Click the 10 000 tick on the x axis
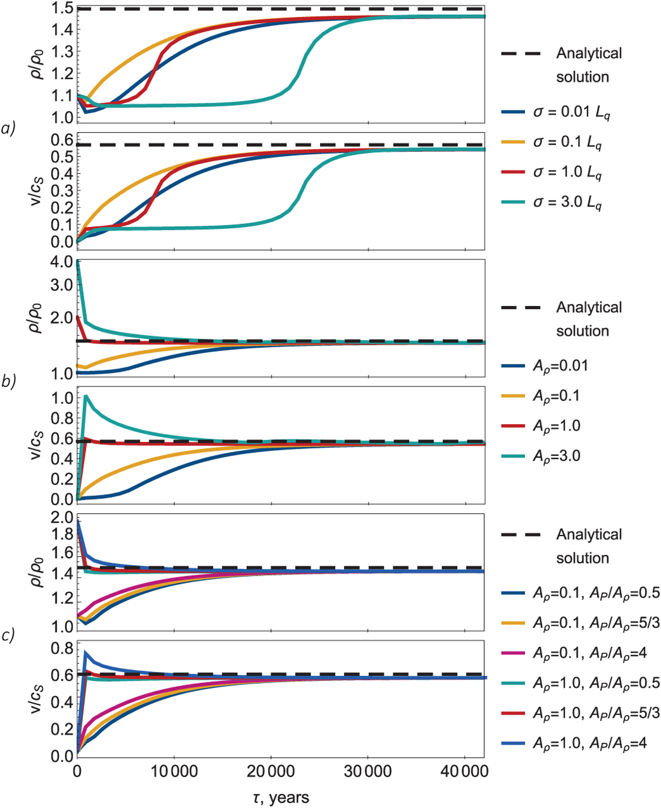coord(174,771)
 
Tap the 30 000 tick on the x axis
coord(368,771)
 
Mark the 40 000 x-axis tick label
coord(465,771)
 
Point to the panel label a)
coord(8,128)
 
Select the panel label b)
coord(8,381)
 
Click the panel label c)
coord(8,635)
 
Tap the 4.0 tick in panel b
coord(63,262)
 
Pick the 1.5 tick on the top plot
coord(63,8)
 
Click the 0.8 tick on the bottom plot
coord(63,649)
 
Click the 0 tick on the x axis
coord(77,771)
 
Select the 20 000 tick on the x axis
coord(270,771)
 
